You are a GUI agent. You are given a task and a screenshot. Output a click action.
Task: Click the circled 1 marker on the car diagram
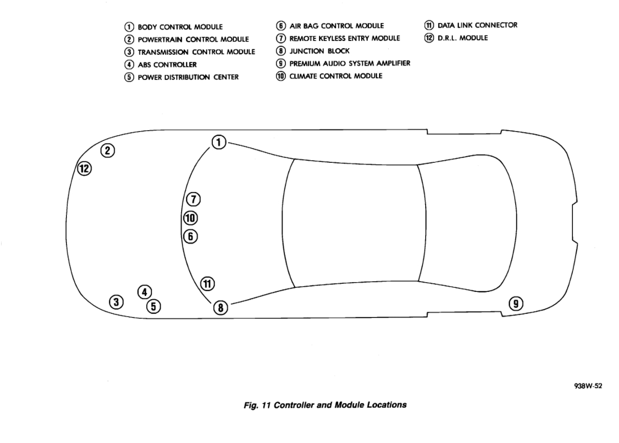click(219, 142)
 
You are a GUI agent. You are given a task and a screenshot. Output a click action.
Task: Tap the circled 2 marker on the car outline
click(107, 150)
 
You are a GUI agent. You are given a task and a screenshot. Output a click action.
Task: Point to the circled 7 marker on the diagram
click(192, 199)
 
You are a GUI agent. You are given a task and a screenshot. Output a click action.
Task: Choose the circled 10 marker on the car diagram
click(190, 218)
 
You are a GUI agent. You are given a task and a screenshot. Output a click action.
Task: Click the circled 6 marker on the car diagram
click(190, 236)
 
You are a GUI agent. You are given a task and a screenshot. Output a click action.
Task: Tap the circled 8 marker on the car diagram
click(220, 307)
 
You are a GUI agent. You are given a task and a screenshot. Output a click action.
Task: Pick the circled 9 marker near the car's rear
click(516, 304)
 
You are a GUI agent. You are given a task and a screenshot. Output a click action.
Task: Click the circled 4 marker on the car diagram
click(144, 292)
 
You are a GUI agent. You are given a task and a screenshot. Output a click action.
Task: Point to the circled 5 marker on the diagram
click(153, 306)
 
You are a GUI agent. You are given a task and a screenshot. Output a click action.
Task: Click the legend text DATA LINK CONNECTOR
click(477, 25)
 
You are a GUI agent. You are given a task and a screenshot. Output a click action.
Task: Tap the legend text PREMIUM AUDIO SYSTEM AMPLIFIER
click(350, 64)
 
